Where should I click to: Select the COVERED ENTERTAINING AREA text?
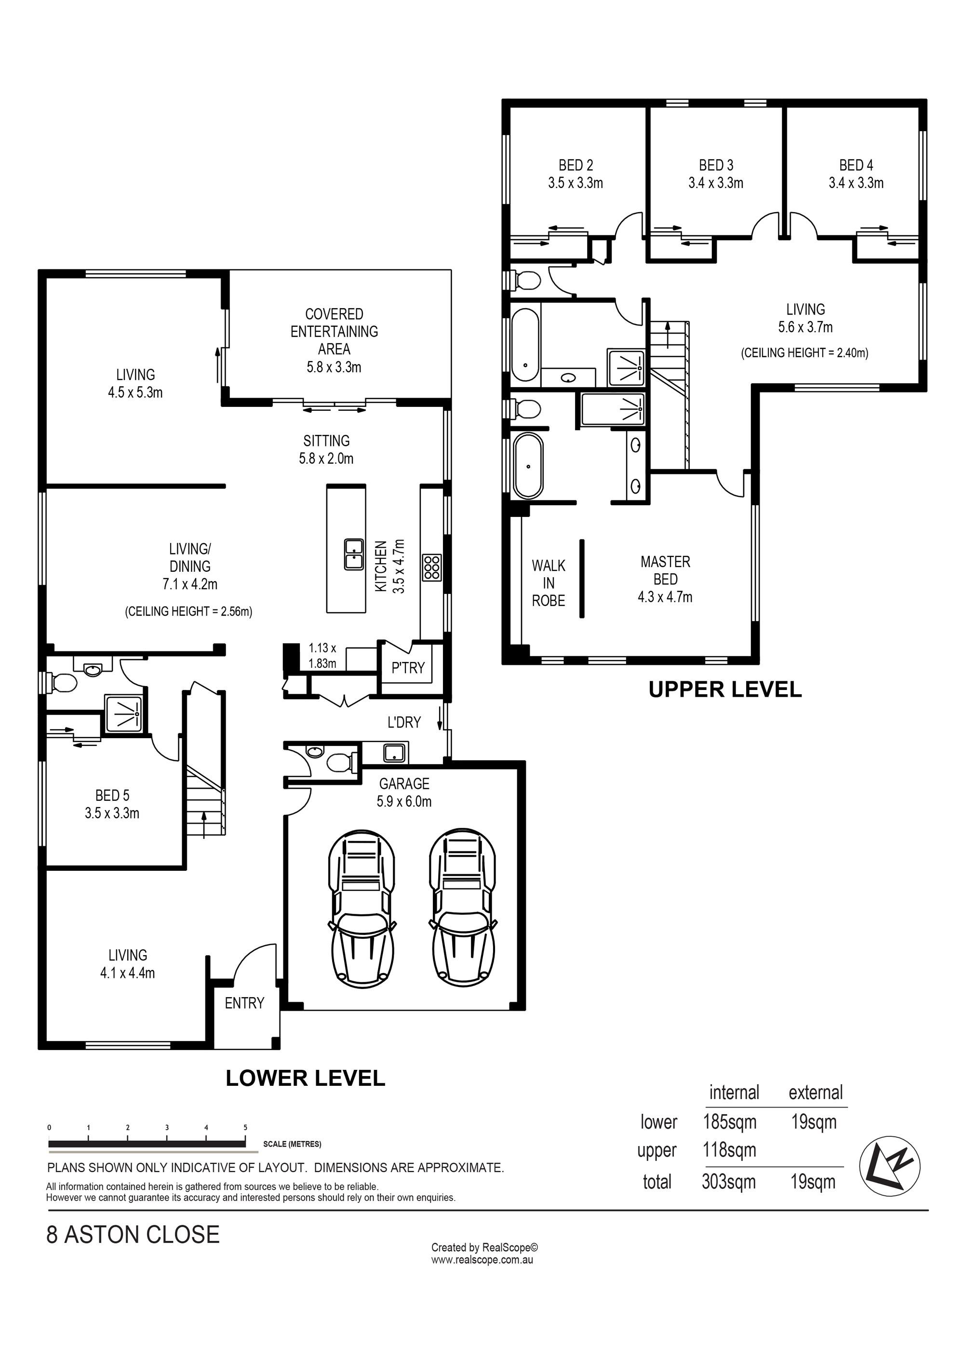(x=334, y=340)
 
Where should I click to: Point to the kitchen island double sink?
(x=353, y=554)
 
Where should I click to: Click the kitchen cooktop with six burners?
(x=432, y=567)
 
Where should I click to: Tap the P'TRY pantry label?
(x=408, y=668)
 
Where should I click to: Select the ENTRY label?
(x=244, y=1003)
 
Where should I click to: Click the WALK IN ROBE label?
(x=548, y=583)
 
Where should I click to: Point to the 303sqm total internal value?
(x=729, y=1182)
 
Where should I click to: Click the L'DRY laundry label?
(x=404, y=722)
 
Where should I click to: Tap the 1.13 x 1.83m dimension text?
(x=322, y=655)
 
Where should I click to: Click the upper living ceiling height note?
(x=805, y=353)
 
